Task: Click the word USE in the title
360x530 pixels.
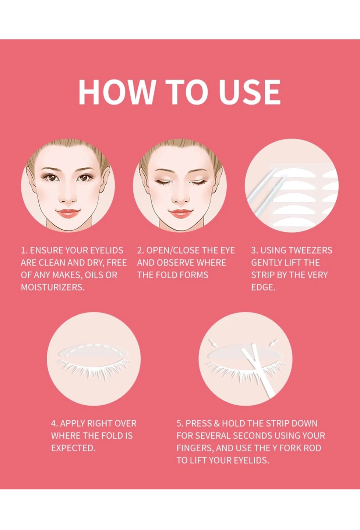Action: (x=250, y=92)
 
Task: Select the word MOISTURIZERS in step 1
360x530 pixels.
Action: (x=53, y=287)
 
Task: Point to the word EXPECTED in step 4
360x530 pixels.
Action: (x=73, y=448)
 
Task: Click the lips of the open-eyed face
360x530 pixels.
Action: (x=68, y=213)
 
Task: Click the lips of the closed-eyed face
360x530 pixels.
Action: (x=180, y=213)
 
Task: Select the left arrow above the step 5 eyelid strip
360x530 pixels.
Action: (x=213, y=343)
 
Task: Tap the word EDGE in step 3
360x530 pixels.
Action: (x=263, y=287)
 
